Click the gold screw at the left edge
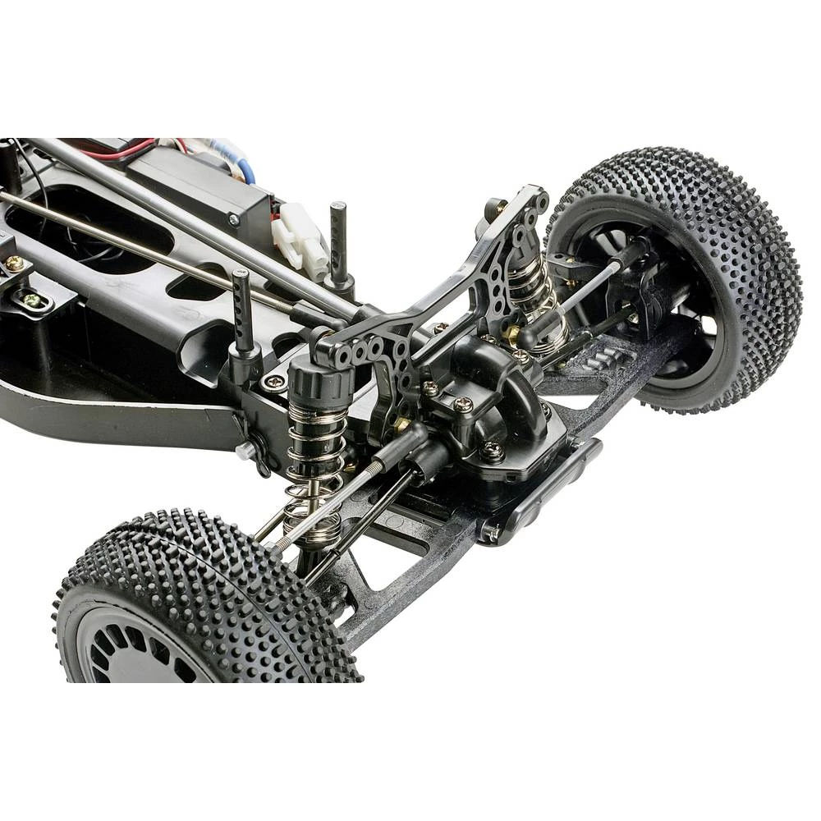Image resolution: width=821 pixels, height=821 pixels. coord(15,264)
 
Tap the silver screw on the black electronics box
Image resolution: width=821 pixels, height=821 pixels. coord(235,219)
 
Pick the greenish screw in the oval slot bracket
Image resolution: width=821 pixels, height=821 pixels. coord(33,300)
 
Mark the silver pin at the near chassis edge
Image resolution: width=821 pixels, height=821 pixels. coord(245,452)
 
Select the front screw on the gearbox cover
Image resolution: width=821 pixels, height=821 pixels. coord(493,450)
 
